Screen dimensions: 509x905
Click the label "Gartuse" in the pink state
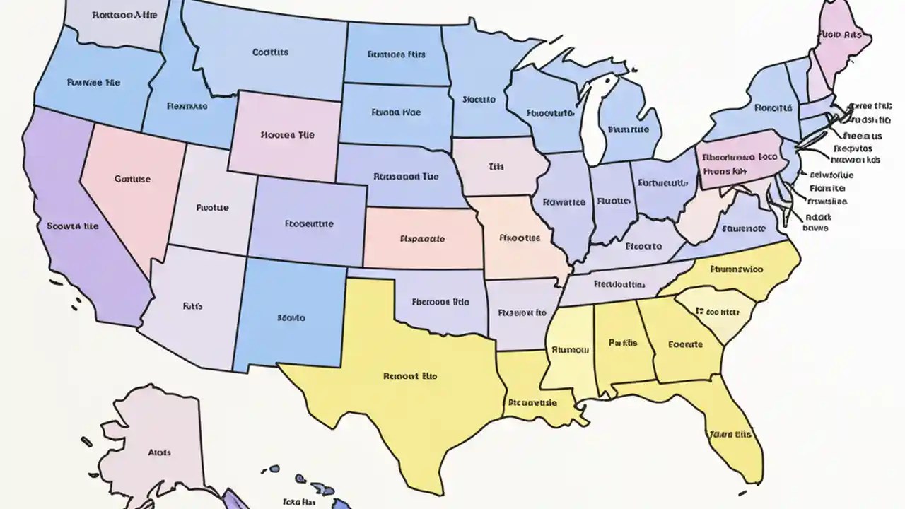pos(132,180)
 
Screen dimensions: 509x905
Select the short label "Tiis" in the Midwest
pos(496,168)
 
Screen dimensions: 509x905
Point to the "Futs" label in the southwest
pos(192,307)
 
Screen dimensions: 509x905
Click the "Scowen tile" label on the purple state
pos(73,227)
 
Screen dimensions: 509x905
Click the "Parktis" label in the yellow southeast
pos(622,343)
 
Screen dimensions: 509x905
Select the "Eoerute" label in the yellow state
pos(685,344)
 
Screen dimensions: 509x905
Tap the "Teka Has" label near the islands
pos(300,503)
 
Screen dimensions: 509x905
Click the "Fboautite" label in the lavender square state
pos(309,223)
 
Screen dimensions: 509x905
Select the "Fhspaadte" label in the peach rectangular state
pos(422,239)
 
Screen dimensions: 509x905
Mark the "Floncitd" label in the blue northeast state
pos(772,108)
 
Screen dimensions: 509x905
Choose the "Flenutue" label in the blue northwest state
pos(187,107)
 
